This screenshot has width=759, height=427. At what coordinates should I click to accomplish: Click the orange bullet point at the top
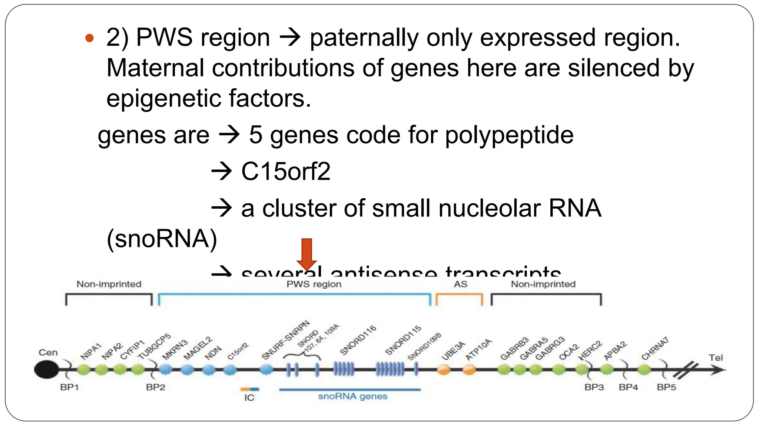click(89, 38)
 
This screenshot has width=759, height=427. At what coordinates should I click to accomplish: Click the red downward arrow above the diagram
click(306, 254)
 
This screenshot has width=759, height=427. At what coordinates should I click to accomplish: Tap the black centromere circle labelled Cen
click(46, 370)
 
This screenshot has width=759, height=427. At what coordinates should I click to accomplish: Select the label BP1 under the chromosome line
click(69, 387)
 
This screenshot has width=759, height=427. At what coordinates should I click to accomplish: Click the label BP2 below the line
click(155, 387)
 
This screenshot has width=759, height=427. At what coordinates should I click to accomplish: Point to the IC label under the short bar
click(249, 398)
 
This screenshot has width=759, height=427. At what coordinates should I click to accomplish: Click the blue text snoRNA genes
click(352, 396)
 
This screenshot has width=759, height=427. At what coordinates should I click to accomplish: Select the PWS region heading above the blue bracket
click(314, 284)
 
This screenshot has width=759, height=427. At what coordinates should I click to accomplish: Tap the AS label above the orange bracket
click(460, 284)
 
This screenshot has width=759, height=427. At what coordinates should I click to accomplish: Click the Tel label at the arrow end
click(716, 358)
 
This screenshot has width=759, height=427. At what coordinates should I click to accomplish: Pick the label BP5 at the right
click(666, 387)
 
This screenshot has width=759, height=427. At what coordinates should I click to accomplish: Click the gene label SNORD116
click(358, 340)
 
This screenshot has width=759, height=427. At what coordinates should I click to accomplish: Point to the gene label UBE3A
click(453, 351)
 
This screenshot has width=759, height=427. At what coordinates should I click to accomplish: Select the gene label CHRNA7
click(655, 348)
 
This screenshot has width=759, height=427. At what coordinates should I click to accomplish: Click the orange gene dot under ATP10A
click(469, 370)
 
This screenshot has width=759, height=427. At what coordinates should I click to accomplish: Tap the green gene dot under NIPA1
click(84, 370)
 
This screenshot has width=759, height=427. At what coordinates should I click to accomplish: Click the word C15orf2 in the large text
click(285, 172)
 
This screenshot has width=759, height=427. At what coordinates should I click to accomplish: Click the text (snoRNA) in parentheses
click(162, 238)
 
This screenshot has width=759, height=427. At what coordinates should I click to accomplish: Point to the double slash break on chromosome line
click(685, 371)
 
